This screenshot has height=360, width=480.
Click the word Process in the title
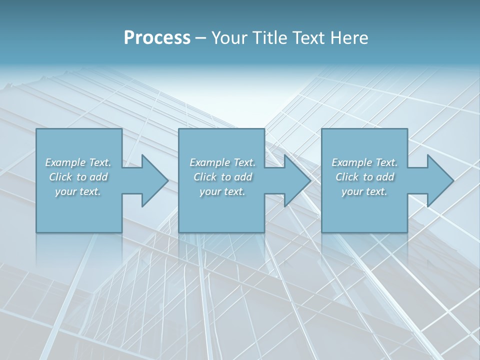tap(157, 38)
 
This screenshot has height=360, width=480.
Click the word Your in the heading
tap(228, 38)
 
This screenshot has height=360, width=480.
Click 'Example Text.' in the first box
tap(78, 162)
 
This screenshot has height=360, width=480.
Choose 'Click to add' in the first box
tap(78, 177)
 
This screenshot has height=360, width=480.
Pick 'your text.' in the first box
tap(78, 191)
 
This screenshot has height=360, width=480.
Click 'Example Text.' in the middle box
tap(222, 162)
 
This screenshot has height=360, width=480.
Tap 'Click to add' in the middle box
tap(222, 177)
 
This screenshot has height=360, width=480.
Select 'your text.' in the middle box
tap(222, 191)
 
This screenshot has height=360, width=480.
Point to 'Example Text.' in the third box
tap(364, 162)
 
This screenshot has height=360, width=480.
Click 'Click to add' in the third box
tap(364, 177)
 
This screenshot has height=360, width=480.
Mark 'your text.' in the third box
tap(364, 191)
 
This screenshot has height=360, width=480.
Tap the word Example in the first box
tap(65, 162)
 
